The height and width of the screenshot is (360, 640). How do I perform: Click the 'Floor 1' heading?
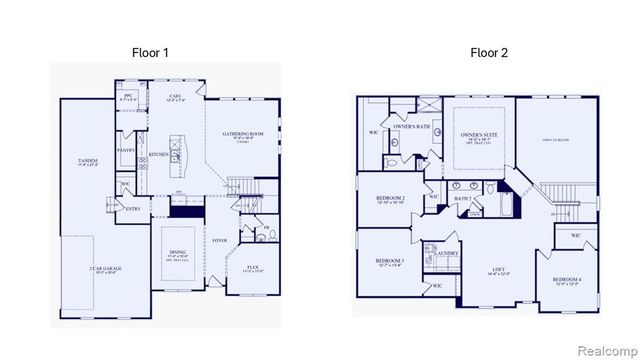click(x=151, y=52)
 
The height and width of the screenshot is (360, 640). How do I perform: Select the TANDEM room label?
click(x=88, y=161)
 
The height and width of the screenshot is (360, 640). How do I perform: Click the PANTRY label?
click(x=126, y=150)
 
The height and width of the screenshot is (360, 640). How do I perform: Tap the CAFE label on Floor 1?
click(x=175, y=96)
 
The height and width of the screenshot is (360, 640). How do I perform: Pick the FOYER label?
click(x=220, y=241)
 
